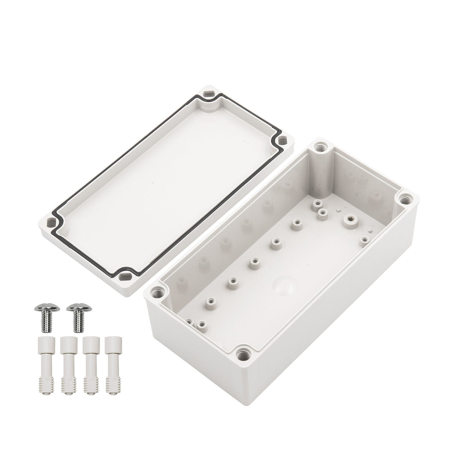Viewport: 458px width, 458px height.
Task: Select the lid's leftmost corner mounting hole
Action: pyautogui.click(x=50, y=222)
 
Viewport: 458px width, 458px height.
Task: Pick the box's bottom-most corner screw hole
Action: pyautogui.click(x=241, y=354)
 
